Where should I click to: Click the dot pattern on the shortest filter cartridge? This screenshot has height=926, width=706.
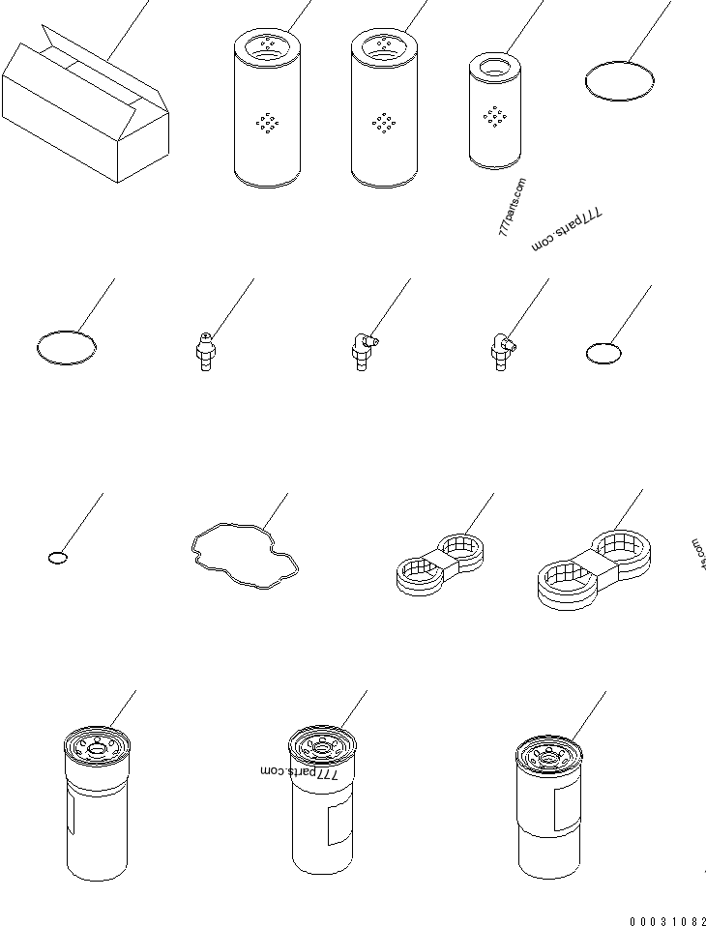496,117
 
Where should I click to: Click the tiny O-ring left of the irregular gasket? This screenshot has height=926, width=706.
58,557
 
